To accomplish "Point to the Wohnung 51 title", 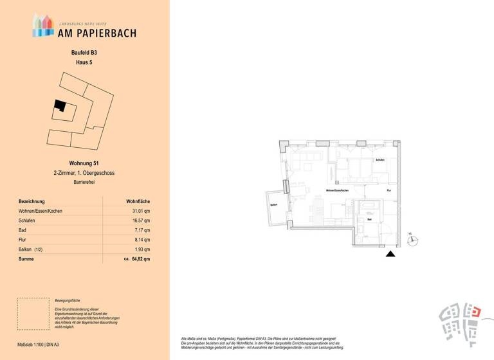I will pos(84,164).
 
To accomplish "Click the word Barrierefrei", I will pos(84,183).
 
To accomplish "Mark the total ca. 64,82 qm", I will pos(137,259).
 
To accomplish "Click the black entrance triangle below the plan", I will pos(390,255).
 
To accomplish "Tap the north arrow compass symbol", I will pos(413,241).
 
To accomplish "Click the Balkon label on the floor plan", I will pos(273,206).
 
